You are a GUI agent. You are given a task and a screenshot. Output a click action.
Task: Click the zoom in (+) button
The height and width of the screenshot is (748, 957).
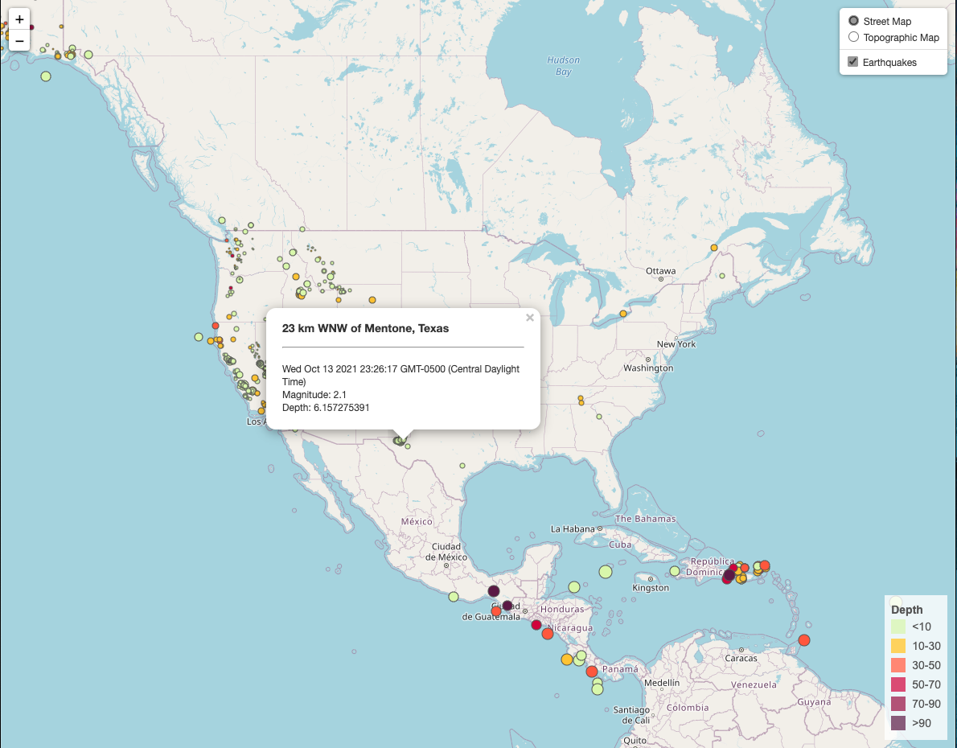[19, 19]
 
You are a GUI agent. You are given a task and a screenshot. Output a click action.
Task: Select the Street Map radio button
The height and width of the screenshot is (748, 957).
[853, 21]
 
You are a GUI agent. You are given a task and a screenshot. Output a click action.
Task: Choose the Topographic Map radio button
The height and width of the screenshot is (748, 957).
[853, 37]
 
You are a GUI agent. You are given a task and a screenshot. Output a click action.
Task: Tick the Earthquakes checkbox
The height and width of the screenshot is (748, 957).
[853, 62]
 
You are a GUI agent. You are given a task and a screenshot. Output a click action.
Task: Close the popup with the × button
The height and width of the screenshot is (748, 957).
[529, 318]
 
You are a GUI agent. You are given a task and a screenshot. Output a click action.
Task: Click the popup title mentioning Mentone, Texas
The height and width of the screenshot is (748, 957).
[365, 328]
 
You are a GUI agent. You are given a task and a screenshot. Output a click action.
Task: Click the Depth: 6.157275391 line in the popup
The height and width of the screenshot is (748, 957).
[326, 408]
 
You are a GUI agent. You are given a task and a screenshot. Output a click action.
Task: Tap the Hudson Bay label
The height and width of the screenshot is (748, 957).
[563, 66]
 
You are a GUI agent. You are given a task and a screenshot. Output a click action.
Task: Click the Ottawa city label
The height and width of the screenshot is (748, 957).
[660, 271]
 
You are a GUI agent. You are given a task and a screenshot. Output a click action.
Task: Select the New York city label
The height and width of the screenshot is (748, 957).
[676, 344]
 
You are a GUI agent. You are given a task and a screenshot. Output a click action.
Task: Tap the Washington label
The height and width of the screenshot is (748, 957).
[648, 368]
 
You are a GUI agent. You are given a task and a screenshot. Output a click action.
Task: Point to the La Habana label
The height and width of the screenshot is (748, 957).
[572, 529]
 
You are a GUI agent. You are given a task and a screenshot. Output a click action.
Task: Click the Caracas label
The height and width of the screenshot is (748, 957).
[741, 658]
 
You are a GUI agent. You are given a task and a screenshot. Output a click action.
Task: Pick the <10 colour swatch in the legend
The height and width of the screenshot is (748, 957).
[898, 627]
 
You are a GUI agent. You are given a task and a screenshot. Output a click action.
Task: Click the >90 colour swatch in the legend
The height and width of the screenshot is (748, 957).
[898, 723]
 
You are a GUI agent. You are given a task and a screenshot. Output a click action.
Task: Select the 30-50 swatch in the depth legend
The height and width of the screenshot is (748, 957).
[898, 665]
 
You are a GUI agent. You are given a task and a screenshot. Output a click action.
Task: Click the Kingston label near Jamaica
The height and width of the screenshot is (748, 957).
[651, 588]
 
